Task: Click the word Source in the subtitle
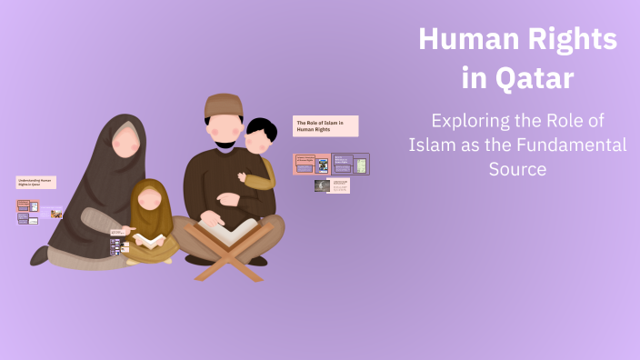(x=517, y=169)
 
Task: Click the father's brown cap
(x=224, y=105)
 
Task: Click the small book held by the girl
(x=150, y=240)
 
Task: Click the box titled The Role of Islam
(x=325, y=125)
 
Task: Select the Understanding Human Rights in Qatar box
(x=35, y=182)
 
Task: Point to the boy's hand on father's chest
(x=243, y=176)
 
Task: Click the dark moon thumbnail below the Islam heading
(x=321, y=185)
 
